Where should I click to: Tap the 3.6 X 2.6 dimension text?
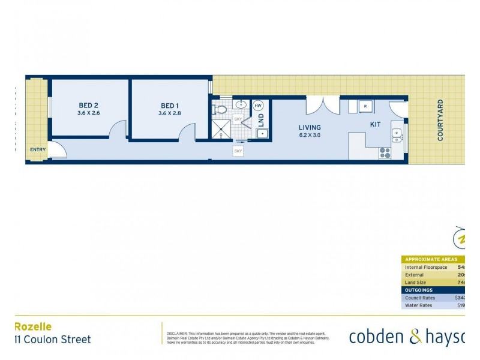[x=89, y=113]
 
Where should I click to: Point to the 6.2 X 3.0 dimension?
[x=310, y=136]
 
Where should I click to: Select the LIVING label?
[x=310, y=127]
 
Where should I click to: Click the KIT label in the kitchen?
[x=375, y=124]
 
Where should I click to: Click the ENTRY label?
[x=37, y=150]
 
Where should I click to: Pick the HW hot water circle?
[x=259, y=106]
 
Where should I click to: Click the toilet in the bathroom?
[x=220, y=110]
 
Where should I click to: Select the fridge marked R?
[x=367, y=107]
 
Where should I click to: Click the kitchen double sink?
[x=397, y=136]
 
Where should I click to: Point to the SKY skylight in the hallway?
[x=238, y=151]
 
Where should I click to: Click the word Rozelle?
[x=33, y=327]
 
